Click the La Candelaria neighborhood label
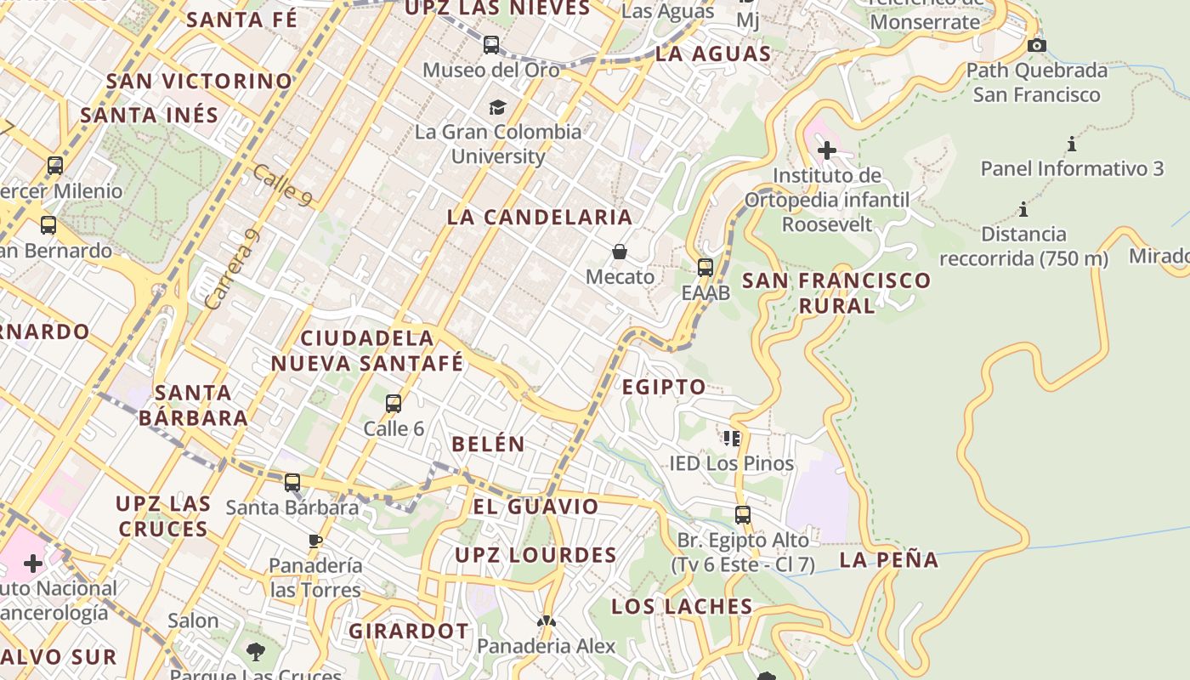tap(540, 217)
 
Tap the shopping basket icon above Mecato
tap(620, 252)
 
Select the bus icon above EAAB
tap(705, 268)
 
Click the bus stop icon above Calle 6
tap(393, 404)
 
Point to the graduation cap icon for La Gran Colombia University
tap(497, 107)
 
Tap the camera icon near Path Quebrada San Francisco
tap(1036, 45)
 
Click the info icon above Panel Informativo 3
tap(1071, 144)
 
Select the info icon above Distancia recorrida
tap(1023, 209)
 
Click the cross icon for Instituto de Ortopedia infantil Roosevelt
tap(826, 150)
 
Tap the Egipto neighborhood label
tap(664, 388)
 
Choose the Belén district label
tap(488, 444)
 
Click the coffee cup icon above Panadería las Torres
tap(315, 541)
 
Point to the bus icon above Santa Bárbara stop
tap(292, 483)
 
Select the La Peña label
tap(889, 560)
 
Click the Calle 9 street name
tap(282, 184)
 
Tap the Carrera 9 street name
tap(230, 269)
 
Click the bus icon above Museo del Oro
tap(491, 45)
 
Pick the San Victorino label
tap(199, 82)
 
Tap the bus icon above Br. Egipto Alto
tap(743, 515)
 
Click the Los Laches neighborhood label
tap(682, 607)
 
